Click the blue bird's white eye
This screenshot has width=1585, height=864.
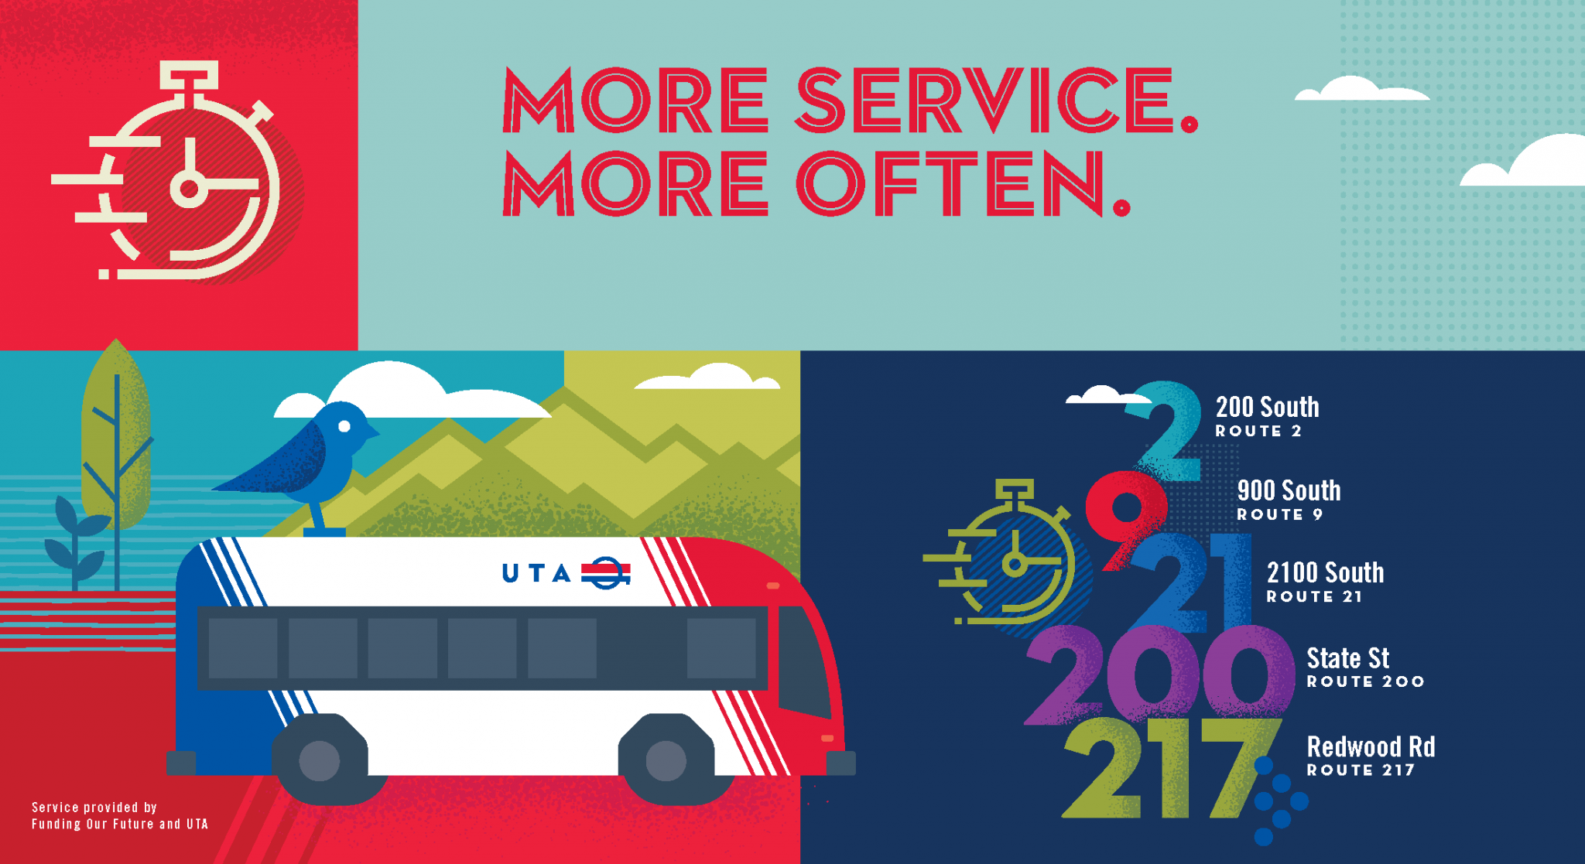(344, 426)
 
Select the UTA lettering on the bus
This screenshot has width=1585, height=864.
(536, 573)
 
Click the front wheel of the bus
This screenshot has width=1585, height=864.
(666, 760)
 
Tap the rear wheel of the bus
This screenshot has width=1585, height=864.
(320, 760)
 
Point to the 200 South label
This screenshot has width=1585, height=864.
(1267, 407)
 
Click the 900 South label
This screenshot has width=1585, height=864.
(1289, 490)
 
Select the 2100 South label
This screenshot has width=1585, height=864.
(1325, 573)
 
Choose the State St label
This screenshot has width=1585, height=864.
(1347, 658)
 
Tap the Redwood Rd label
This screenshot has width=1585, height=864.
(1371, 747)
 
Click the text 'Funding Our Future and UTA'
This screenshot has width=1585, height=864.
(120, 825)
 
